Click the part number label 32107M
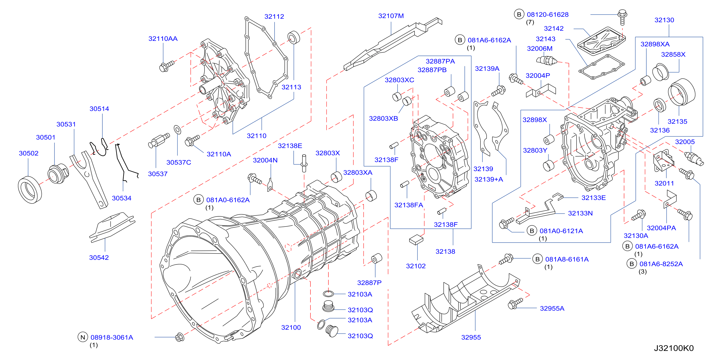pyautogui.click(x=391, y=16)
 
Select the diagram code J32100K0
pyautogui.click(x=674, y=348)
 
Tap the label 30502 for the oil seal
pyautogui.click(x=28, y=153)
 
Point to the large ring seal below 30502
pyautogui.click(x=30, y=190)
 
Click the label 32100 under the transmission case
pyautogui.click(x=291, y=327)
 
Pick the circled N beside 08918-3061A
pyautogui.click(x=82, y=337)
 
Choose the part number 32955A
pyautogui.click(x=552, y=308)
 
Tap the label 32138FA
pyautogui.click(x=408, y=205)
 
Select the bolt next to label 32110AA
pyautogui.click(x=167, y=66)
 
